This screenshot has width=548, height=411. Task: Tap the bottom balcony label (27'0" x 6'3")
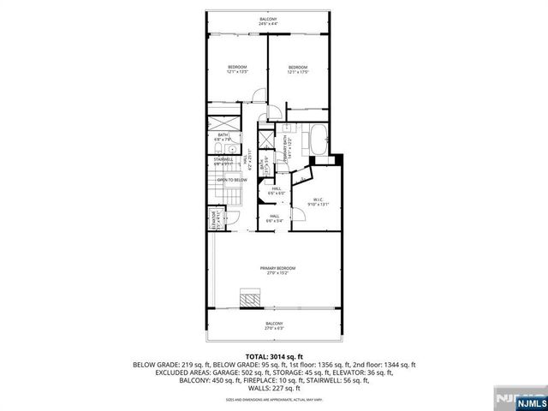(274, 325)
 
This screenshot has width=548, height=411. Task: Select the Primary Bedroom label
(274, 271)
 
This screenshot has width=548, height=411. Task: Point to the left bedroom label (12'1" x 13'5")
(237, 69)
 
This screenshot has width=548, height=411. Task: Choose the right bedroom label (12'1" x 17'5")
(297, 69)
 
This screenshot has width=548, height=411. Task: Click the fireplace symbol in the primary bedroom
(251, 300)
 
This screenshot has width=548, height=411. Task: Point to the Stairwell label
(223, 160)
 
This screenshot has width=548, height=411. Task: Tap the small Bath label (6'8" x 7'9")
(223, 136)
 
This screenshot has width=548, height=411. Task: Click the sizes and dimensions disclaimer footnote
(274, 398)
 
